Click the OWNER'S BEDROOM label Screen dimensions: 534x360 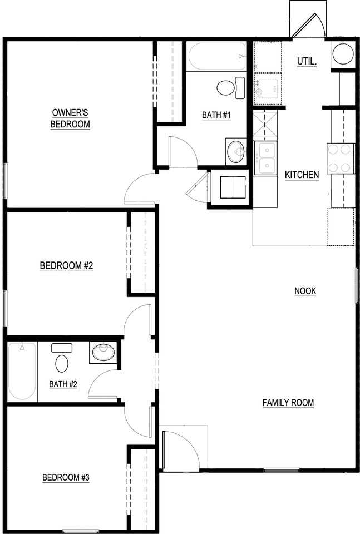coord(70,118)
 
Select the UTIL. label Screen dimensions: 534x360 coord(307,61)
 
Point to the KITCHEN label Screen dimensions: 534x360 coord(302,175)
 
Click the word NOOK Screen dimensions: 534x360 coord(305,291)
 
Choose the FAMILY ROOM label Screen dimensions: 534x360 coord(288,403)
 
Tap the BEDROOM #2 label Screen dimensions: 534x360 coord(66,266)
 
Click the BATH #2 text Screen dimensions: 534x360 coord(62,384)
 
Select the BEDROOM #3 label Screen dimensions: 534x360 coord(66,477)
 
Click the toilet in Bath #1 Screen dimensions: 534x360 coord(228,88)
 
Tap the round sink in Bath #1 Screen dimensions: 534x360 coord(236,151)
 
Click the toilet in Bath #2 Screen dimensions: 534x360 coord(61,361)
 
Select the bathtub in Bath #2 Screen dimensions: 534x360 coord(22,371)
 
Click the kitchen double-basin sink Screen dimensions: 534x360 coord(265,158)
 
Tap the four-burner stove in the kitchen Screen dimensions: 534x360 coord(340,157)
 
